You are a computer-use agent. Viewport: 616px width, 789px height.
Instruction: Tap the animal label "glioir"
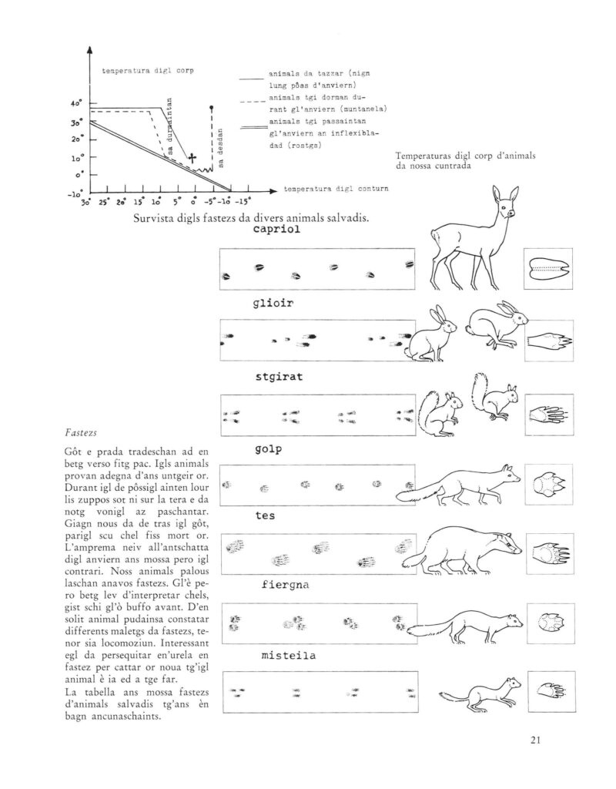pyautogui.click(x=274, y=303)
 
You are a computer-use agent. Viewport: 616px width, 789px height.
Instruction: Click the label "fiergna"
pyautogui.click(x=285, y=585)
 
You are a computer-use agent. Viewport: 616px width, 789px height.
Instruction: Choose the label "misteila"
pyautogui.click(x=290, y=656)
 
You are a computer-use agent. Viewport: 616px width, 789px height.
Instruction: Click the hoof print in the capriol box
pyautogui.click(x=548, y=269)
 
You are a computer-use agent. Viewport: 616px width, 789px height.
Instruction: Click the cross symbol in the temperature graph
pyautogui.click(x=192, y=159)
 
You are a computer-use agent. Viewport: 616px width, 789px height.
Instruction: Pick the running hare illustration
pyautogui.click(x=497, y=326)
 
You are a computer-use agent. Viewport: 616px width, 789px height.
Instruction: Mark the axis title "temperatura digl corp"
pyautogui.click(x=147, y=72)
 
